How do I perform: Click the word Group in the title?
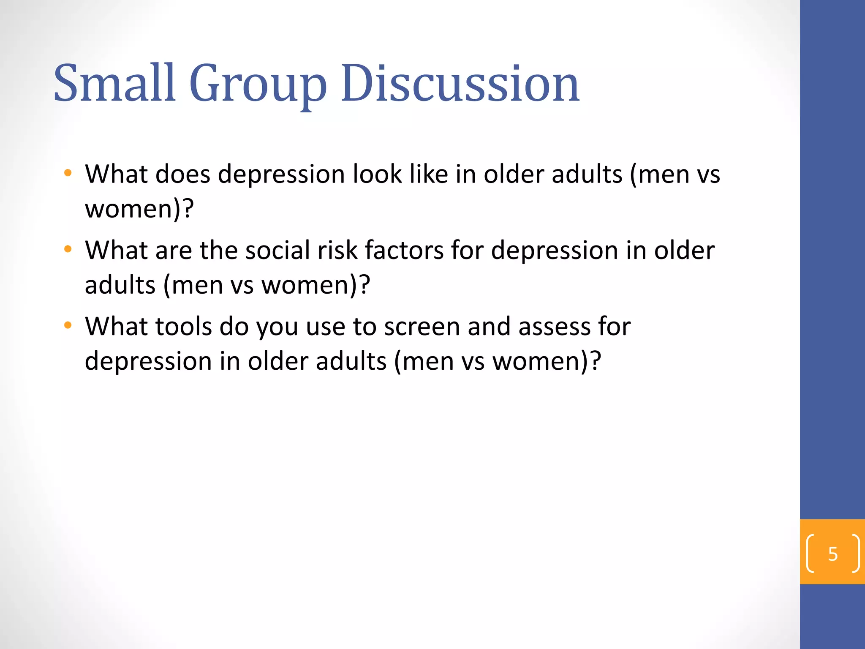tap(258, 85)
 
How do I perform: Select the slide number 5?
tap(832, 554)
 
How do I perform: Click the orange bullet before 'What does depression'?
tap(68, 173)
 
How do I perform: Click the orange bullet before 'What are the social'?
tap(68, 249)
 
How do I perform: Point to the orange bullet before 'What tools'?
tap(68, 325)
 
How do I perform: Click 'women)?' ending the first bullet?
tap(139, 209)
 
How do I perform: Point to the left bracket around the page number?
tap(810, 554)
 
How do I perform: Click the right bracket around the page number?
tap(856, 554)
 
